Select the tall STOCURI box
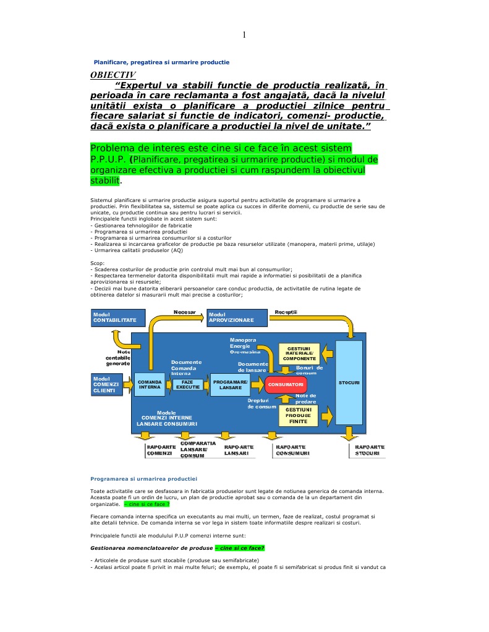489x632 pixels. pyautogui.click(x=350, y=383)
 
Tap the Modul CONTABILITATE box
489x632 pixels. pyautogui.click(x=117, y=318)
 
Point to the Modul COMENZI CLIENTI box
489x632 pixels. pyautogui.click(x=106, y=385)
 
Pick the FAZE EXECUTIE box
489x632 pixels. pyautogui.click(x=188, y=384)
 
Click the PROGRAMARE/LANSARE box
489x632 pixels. pyautogui.click(x=230, y=384)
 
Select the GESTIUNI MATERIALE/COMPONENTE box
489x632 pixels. pyautogui.click(x=299, y=354)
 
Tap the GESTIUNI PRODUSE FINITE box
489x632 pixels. pyautogui.click(x=299, y=415)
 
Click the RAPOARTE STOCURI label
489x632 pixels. pyautogui.click(x=370, y=450)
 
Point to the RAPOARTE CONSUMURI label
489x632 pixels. pyautogui.click(x=292, y=450)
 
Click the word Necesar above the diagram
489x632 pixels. pyautogui.click(x=184, y=312)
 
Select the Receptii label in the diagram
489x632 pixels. pyautogui.click(x=286, y=312)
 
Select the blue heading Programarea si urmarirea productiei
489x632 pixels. pyautogui.click(x=143, y=479)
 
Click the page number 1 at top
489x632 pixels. pyautogui.click(x=244, y=35)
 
